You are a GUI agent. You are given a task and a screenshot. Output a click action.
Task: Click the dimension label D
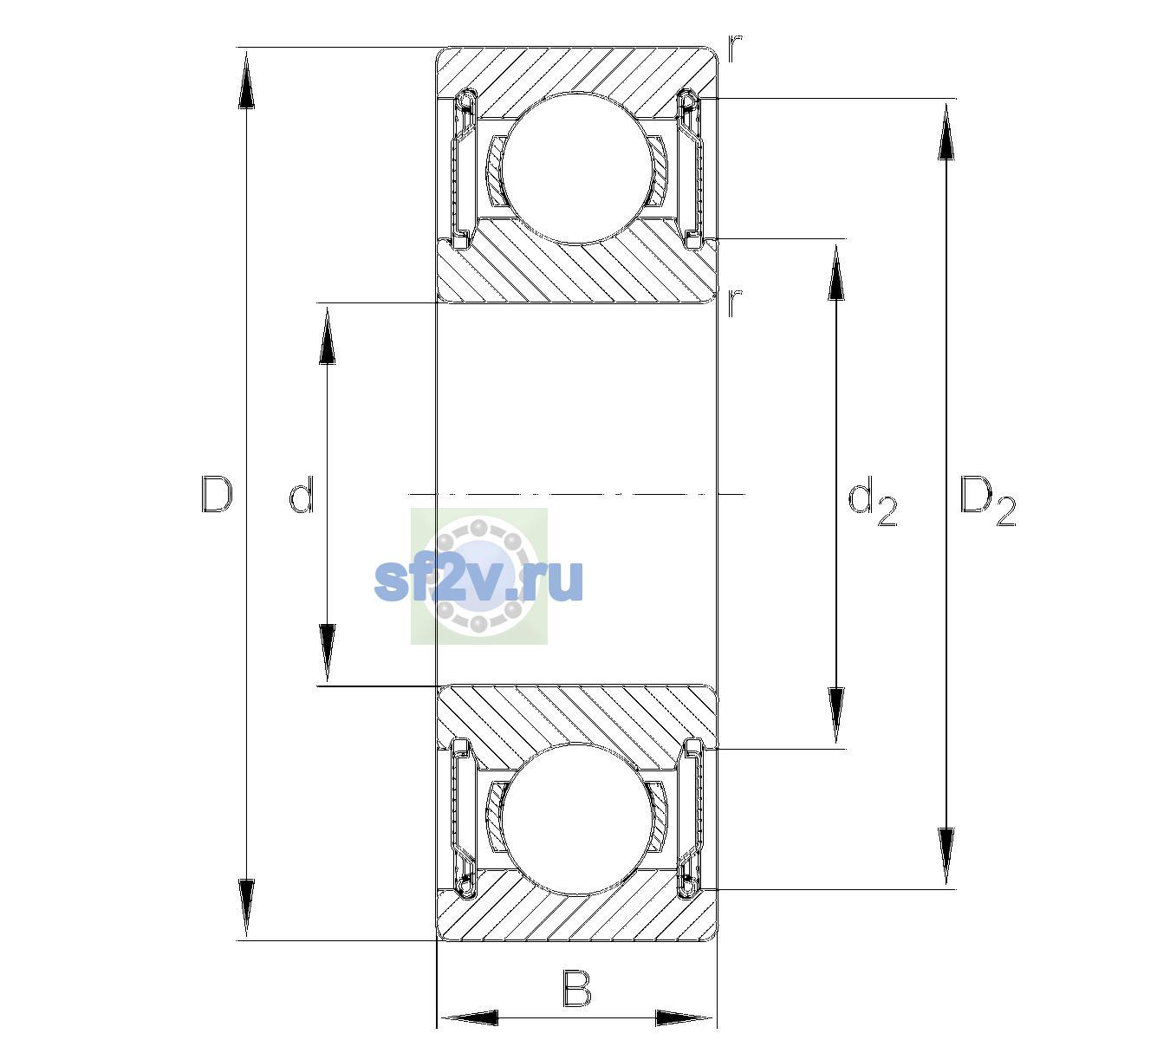217,494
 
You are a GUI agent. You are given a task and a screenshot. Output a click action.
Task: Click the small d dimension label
302,494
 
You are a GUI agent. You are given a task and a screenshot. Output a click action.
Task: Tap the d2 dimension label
872,501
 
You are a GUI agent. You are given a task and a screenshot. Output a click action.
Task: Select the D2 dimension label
987,501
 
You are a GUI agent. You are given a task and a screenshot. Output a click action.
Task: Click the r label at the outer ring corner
734,49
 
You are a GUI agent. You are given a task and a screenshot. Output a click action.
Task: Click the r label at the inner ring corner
734,302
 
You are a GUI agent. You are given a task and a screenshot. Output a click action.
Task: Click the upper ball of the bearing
576,168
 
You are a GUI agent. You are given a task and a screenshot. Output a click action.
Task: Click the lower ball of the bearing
576,819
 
